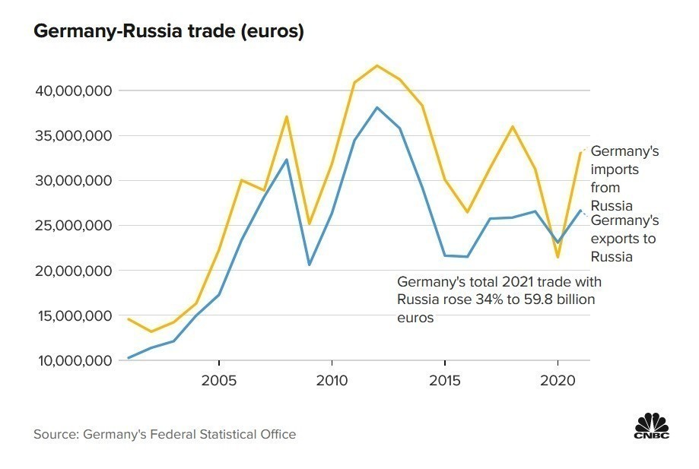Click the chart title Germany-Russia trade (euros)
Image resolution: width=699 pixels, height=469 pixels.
point(169,32)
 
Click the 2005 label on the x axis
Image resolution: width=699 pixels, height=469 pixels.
point(219,379)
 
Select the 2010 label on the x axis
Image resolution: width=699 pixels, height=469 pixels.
point(332,379)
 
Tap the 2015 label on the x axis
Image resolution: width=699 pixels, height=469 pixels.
point(445,379)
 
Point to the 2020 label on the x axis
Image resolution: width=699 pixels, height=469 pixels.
point(558,379)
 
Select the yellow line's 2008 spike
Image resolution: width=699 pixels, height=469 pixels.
point(287,116)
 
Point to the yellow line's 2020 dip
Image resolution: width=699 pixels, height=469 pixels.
point(558,258)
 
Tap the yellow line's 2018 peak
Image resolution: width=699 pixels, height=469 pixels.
point(513,126)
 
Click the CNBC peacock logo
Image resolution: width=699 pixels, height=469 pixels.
point(651,425)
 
